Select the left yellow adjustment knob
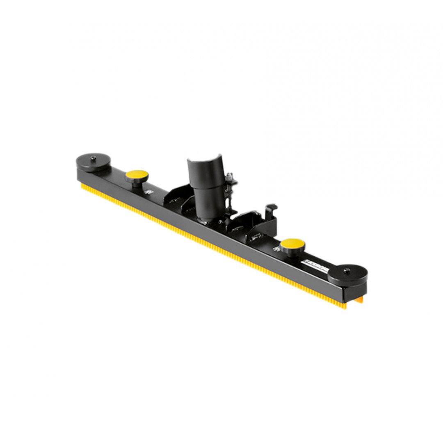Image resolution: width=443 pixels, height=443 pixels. tap(137, 175)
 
